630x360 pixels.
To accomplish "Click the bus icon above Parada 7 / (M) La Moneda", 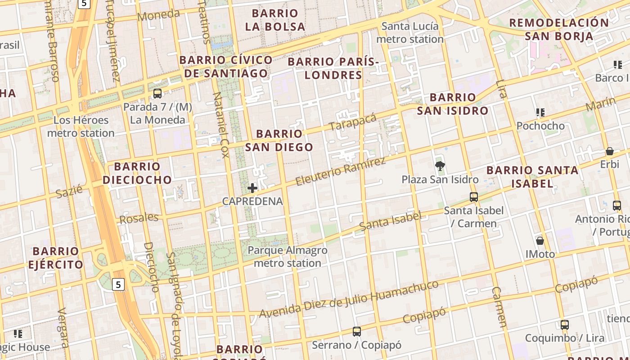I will coord(157,94).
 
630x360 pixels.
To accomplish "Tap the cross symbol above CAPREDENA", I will coord(252,188).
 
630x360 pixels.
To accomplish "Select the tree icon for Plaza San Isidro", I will coord(440,166).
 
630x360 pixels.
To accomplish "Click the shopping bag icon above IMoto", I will coord(540,241).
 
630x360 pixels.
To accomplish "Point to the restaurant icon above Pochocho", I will coord(540,112).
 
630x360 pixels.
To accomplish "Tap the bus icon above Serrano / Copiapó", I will coord(357,332).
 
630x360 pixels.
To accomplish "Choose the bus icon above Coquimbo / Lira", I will coord(565,324).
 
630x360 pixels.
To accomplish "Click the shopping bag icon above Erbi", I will coord(610,151).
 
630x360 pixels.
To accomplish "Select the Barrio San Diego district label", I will coord(279,140).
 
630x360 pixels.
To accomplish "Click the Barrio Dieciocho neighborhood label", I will coord(137,173).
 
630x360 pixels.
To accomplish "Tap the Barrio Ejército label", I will coord(56,257).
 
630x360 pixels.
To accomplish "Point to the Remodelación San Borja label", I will coord(559,29).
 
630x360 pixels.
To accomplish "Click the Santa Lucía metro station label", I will coord(410,33).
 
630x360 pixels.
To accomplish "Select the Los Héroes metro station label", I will coord(81,127).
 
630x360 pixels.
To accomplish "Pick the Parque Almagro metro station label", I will coord(288,256).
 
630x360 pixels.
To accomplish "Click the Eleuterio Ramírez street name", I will coord(341,171).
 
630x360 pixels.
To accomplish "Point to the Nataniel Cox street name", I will coord(220,125).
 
